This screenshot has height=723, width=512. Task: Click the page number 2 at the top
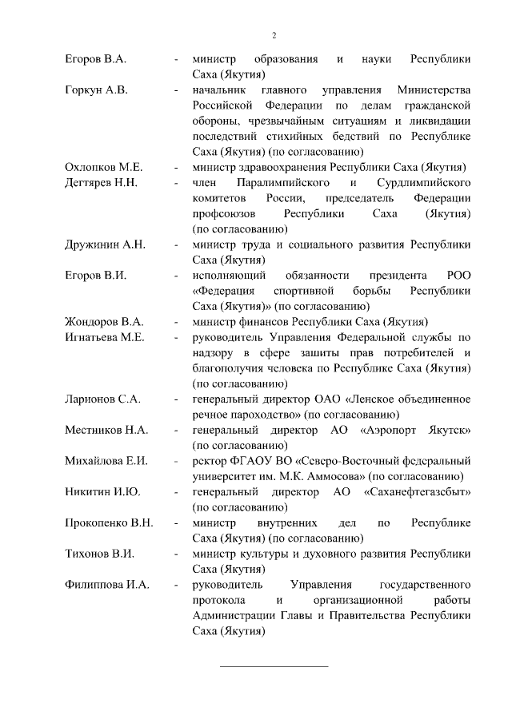click(274, 35)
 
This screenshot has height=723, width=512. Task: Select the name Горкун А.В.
click(96, 89)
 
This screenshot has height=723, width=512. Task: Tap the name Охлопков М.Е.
click(103, 166)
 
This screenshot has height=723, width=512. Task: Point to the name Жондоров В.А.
click(103, 321)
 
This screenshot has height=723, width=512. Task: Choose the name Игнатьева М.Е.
click(104, 337)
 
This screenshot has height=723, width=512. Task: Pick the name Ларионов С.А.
click(102, 399)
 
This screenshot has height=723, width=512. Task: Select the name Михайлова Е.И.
click(105, 460)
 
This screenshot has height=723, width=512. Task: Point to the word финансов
click(266, 321)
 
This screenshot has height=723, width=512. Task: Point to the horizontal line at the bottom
click(274, 665)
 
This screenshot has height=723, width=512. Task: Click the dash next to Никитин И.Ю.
click(175, 491)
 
